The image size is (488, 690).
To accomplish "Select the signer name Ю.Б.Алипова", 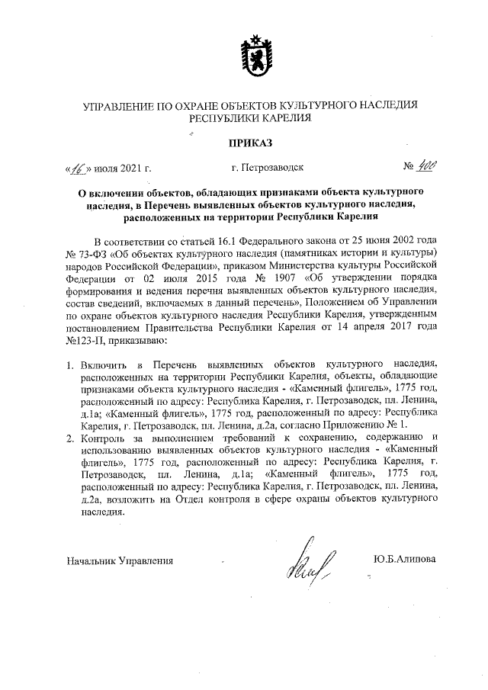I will (x=404, y=560).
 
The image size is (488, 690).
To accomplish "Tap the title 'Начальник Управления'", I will (x=120, y=561).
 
